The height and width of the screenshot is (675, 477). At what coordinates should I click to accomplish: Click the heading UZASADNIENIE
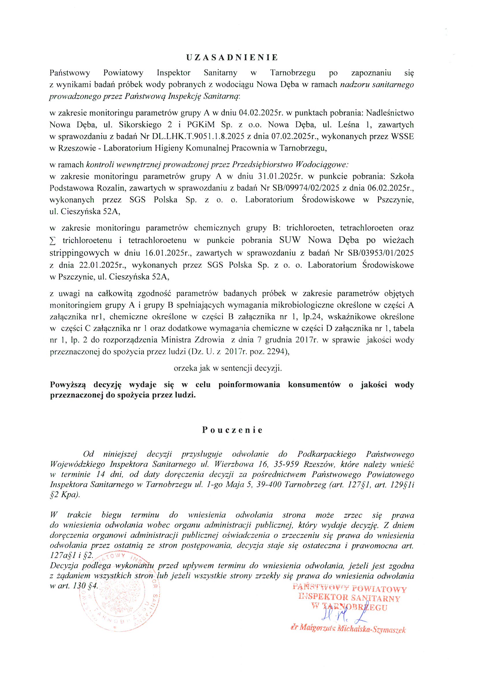tap(232, 57)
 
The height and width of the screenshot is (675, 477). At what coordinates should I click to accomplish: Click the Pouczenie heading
tap(232, 430)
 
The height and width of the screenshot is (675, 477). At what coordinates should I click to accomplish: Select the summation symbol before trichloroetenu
tap(53, 241)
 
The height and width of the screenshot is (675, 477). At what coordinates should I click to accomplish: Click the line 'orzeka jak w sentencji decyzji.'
tap(228, 368)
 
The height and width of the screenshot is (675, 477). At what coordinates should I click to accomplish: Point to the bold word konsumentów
tap(314, 385)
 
